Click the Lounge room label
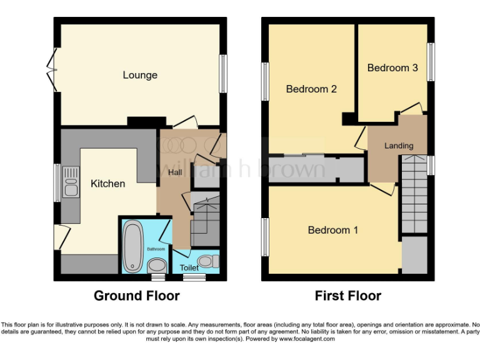(140, 75)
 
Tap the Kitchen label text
(108, 184)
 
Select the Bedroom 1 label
(333, 230)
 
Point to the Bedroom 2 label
(311, 89)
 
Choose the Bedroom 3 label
(392, 67)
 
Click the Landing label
(399, 146)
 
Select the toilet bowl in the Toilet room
(207, 261)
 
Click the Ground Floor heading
(137, 296)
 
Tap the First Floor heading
(348, 296)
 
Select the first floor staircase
(413, 194)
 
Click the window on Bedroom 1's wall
(265, 237)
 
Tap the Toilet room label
(189, 268)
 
